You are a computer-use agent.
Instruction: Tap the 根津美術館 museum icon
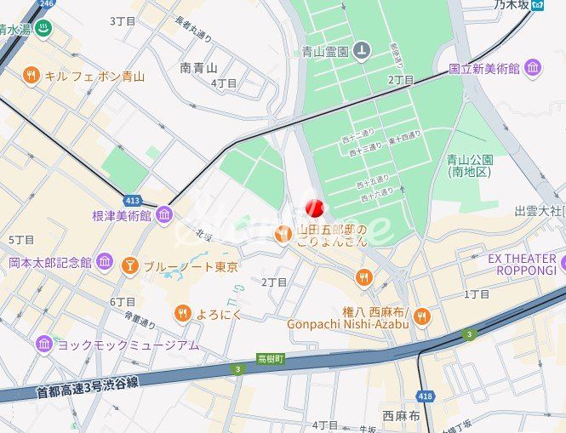pos(164,215)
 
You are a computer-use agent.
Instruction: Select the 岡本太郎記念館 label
pos(50,262)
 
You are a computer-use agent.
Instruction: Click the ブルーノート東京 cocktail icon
pos(130,266)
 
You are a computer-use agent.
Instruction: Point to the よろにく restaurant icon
pos(182,313)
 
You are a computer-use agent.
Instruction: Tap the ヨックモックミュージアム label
pos(128,345)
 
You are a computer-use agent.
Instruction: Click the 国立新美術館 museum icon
pos(534,67)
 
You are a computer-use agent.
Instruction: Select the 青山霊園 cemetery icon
pos(363,51)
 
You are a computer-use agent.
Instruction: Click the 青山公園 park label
pos(470,165)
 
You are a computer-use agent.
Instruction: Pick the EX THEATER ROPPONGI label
pos(522,265)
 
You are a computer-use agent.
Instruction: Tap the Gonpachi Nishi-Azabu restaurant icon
pos(422,316)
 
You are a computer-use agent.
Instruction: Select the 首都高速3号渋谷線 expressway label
pos(88,388)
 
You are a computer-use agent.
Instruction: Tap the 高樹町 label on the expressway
pos(270,359)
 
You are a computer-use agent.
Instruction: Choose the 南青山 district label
pos(198,67)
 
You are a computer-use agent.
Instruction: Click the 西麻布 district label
pos(401,416)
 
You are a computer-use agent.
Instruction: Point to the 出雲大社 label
pos(538,210)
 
